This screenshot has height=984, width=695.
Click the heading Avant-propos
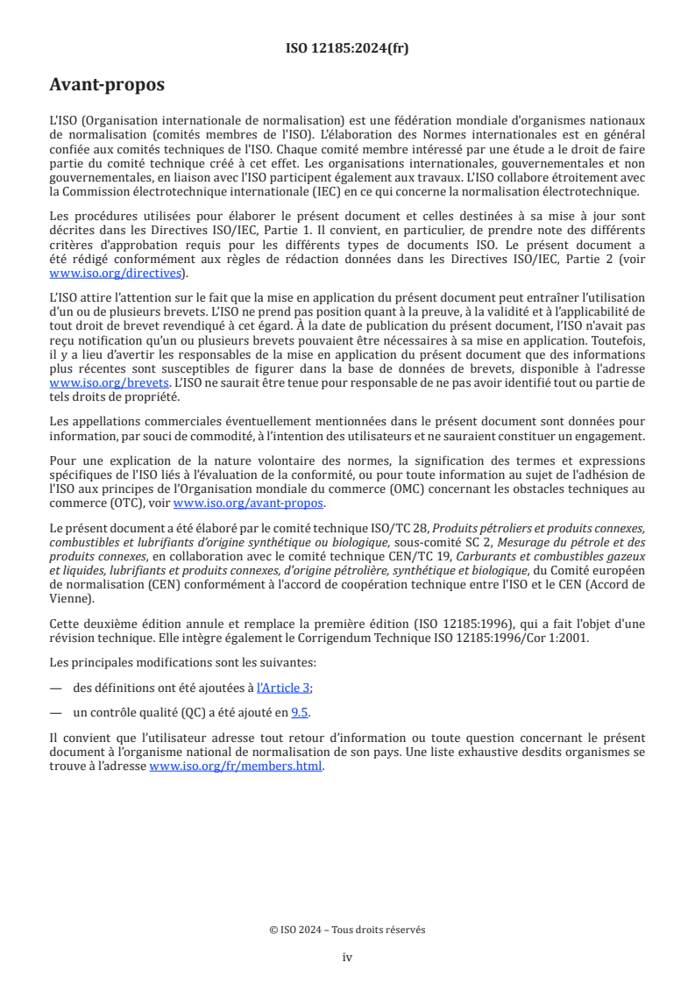click(x=107, y=85)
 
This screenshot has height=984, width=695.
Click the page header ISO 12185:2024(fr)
click(x=347, y=48)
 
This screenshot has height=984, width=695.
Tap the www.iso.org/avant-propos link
click(x=249, y=503)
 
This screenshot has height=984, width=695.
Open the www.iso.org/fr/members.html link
click(x=237, y=766)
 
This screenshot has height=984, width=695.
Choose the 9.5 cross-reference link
click(x=300, y=712)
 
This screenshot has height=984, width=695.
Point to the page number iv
click(x=347, y=957)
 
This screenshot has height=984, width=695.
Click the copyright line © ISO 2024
click(x=347, y=930)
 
